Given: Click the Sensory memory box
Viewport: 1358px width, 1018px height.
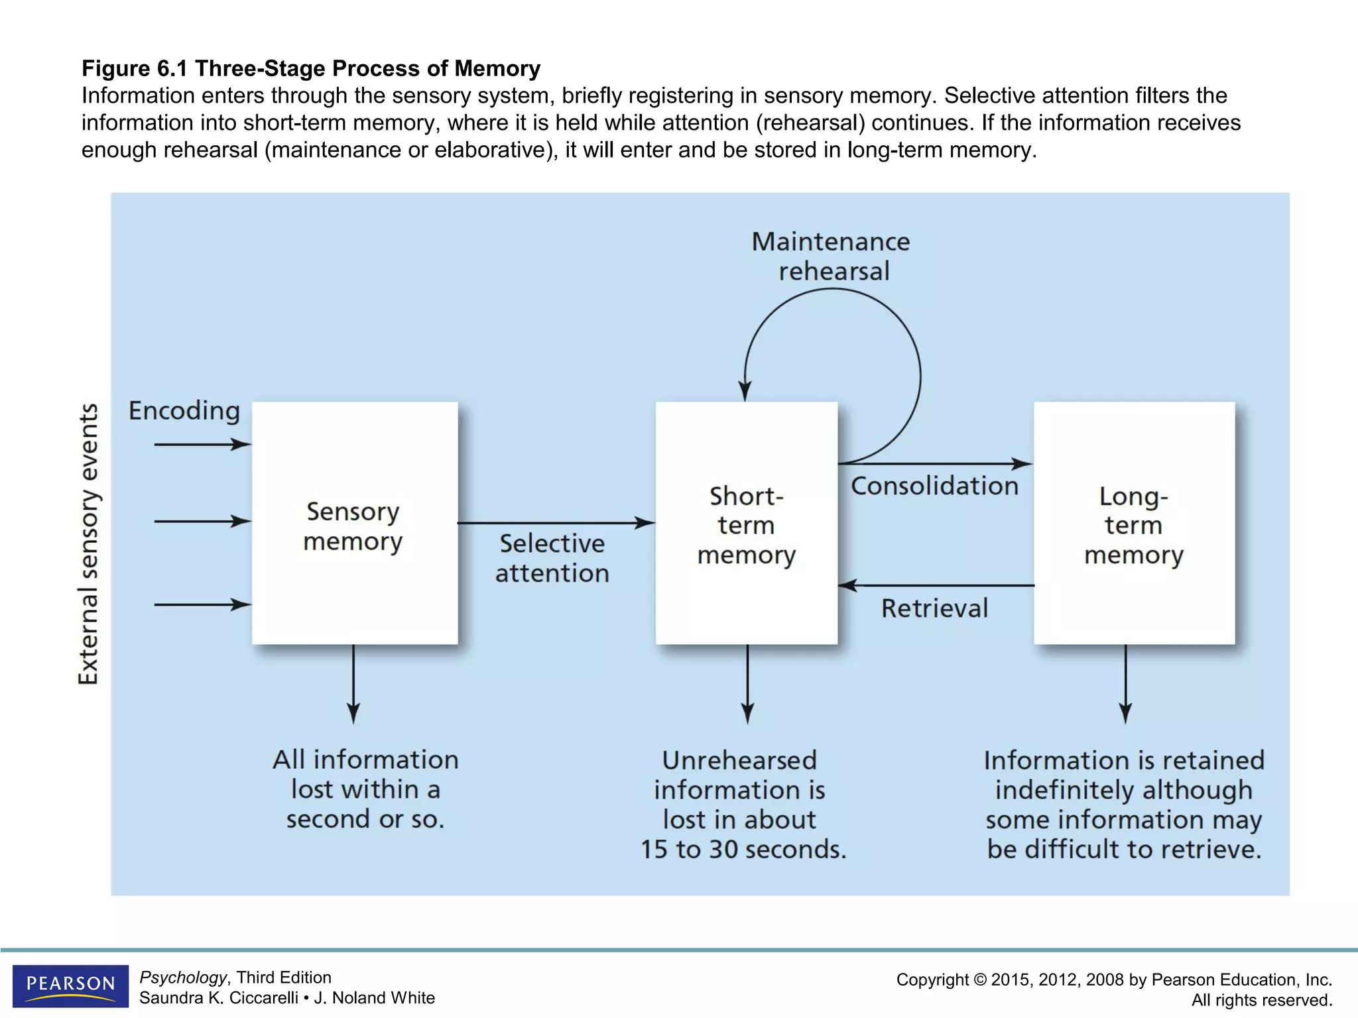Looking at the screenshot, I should tap(355, 524).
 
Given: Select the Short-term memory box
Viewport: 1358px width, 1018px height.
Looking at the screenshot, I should tap(746, 524).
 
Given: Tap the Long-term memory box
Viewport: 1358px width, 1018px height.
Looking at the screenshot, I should tap(1134, 524).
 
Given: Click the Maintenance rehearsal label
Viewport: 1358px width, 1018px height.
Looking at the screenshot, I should tap(832, 256).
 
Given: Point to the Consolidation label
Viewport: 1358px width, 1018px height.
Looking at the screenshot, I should tap(934, 486).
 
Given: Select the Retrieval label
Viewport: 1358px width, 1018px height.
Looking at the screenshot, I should tap(934, 608).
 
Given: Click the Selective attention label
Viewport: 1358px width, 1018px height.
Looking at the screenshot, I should tap(552, 558).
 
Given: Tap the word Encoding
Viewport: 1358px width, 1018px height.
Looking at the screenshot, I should tap(184, 411).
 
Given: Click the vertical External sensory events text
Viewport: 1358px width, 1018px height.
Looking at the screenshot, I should tap(88, 543).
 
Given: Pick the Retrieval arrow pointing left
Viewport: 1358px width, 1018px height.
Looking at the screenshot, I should tap(935, 585).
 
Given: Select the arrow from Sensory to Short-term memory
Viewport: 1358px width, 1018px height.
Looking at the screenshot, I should tap(556, 523).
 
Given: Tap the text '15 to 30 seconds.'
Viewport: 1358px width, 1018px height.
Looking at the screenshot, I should tap(743, 850).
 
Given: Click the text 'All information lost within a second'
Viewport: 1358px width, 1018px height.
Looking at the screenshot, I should tap(365, 789).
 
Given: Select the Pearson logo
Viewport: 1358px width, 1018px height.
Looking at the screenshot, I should tap(70, 986).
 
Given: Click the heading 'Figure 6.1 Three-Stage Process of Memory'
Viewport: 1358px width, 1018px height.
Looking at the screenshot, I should tap(311, 68).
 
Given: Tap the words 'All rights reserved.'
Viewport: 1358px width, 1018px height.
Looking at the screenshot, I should tap(1261, 999).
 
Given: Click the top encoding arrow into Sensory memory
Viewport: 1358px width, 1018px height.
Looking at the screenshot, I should tap(202, 444).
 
